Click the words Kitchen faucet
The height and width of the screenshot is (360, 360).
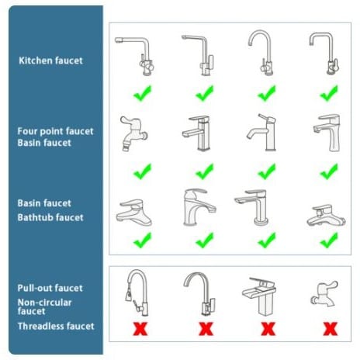point(50,61)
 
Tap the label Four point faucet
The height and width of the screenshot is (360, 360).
point(55,131)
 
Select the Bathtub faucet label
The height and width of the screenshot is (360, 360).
point(50,217)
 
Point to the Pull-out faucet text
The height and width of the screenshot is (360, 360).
point(50,288)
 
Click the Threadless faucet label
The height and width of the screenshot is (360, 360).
point(56,326)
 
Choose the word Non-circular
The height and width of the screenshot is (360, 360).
point(44,303)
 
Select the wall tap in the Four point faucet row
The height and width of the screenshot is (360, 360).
point(133,133)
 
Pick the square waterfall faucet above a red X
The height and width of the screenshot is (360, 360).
point(260,296)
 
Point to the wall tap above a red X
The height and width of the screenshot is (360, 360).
point(324,293)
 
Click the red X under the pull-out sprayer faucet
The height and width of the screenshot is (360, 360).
point(140,329)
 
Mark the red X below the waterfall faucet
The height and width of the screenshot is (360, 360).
point(268,329)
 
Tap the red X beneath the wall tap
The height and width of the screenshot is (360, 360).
point(331,329)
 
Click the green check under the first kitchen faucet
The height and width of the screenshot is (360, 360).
point(142,94)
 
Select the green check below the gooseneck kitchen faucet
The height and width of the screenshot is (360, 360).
point(267,94)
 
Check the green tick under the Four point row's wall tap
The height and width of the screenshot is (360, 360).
point(142,171)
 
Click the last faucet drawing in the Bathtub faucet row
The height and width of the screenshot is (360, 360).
point(326,216)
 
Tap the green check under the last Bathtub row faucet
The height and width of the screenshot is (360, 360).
point(329,241)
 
